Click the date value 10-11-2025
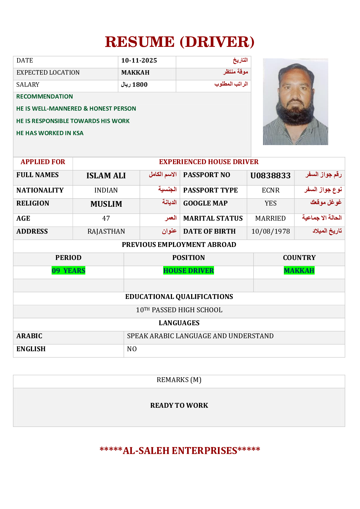coord(139,60)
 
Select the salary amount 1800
coord(140,85)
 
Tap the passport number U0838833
coord(270,176)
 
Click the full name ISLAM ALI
coord(106,176)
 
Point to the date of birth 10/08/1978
coord(271,232)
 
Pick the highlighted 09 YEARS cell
coord(68,271)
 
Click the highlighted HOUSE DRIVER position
coord(188,271)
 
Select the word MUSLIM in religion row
coord(106,204)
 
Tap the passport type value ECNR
coord(271,190)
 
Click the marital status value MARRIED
coord(270,219)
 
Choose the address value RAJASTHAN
coord(106,232)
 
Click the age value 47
coord(106,219)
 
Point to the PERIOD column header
coord(68,258)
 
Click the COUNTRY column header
coord(299,258)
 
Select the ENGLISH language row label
coord(31,349)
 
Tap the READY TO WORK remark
coord(179,406)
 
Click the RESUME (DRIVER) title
coord(180,42)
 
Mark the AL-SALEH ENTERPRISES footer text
coord(180,451)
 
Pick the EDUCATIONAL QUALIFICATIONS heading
coord(179,297)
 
